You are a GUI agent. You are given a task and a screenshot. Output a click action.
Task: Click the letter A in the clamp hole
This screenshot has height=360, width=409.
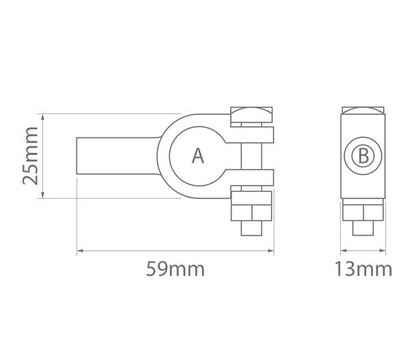(x=198, y=156)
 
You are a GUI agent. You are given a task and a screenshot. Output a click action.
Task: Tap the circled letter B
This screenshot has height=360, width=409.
(x=363, y=156)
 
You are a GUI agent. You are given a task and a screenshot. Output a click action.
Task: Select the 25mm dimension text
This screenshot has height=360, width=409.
(x=30, y=156)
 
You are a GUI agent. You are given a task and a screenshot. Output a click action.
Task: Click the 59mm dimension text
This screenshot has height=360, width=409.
(x=175, y=269)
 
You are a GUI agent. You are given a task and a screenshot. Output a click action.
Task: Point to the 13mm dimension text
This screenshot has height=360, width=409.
(x=363, y=269)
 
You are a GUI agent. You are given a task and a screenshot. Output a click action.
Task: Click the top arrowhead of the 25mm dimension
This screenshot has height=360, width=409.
(x=43, y=117)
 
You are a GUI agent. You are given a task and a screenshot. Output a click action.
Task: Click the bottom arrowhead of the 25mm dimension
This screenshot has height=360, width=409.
(x=43, y=195)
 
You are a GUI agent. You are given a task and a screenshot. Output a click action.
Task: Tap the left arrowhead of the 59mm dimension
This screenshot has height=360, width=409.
(x=81, y=251)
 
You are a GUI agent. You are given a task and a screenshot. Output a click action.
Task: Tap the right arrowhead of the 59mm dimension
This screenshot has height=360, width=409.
(x=271, y=251)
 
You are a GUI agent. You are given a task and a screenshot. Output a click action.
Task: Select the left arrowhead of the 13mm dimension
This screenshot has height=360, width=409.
(x=343, y=251)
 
